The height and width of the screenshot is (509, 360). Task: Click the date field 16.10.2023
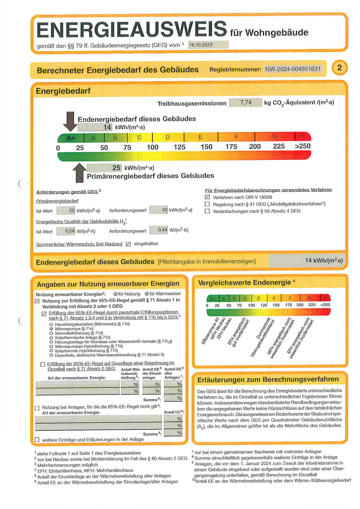tap(208, 45)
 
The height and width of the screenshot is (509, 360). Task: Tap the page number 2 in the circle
tap(339, 68)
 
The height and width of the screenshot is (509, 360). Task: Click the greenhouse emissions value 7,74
tap(245, 102)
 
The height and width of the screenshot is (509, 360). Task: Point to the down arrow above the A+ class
tap(70, 121)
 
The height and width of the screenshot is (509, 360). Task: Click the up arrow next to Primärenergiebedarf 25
tap(79, 172)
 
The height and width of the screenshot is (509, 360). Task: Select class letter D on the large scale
tap(168, 137)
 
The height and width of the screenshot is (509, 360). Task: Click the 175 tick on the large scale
tap(231, 147)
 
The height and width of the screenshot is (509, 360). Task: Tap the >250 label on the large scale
tap(303, 146)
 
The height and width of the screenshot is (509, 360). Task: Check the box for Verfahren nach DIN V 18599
tap(207, 197)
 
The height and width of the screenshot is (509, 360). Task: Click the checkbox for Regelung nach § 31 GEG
tap(207, 204)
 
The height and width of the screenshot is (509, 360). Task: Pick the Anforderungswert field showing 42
tap(159, 210)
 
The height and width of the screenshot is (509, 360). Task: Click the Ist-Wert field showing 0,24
tap(66, 231)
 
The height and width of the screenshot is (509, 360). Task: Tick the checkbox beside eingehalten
tap(128, 244)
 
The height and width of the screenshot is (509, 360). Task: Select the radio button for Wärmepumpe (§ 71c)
tap(51, 329)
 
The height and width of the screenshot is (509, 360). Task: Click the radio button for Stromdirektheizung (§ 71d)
tap(51, 333)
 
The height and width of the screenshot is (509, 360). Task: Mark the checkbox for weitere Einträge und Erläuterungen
tap(37, 440)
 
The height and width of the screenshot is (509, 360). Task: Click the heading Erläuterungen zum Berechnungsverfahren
tap(268, 379)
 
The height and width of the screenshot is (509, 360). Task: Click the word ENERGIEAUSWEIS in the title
tap(132, 30)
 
